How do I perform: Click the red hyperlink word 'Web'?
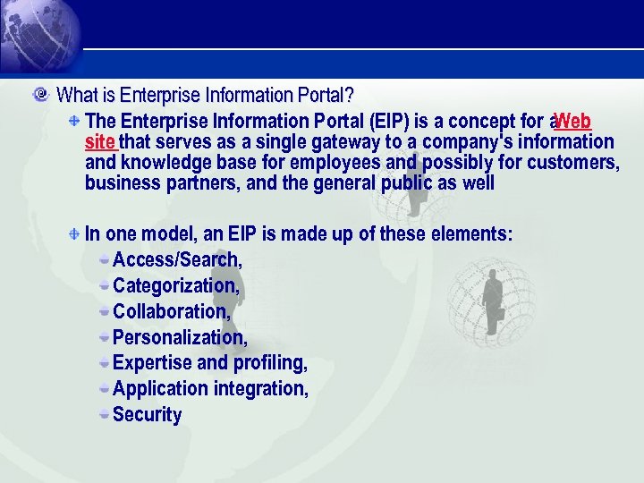[x=572, y=121]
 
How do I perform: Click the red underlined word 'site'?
[x=100, y=142]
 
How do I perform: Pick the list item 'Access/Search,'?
[x=177, y=260]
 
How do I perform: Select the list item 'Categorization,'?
[x=176, y=286]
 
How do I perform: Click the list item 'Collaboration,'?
[x=172, y=312]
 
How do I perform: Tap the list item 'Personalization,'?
[x=180, y=338]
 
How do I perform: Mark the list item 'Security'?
[x=148, y=415]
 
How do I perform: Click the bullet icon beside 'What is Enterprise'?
[x=40, y=94]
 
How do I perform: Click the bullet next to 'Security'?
[x=105, y=414]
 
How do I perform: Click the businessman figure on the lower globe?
[x=493, y=300]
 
